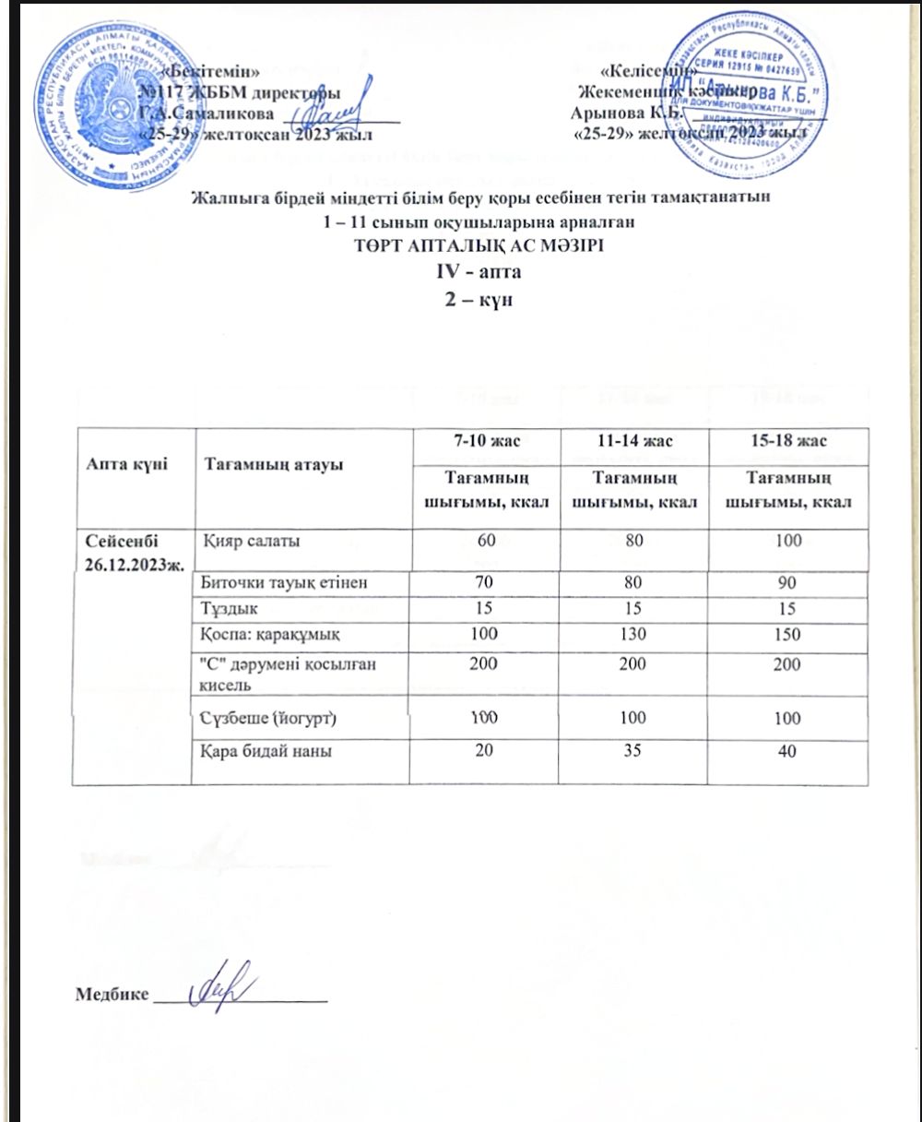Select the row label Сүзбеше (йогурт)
coord(266,716)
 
